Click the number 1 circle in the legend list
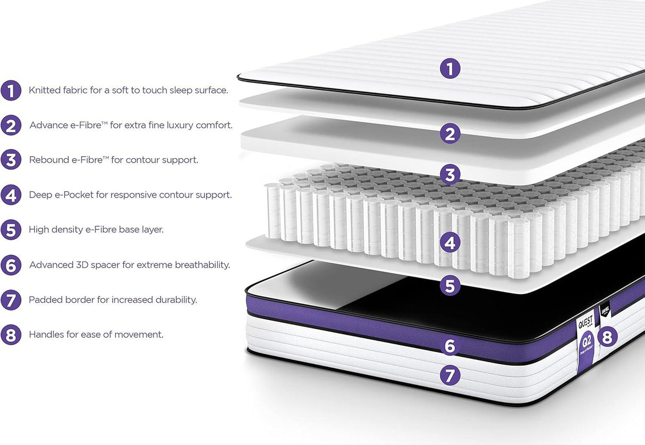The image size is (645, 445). [x=11, y=90]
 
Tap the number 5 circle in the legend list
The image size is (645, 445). [x=11, y=230]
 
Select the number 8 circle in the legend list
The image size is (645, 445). [x=11, y=335]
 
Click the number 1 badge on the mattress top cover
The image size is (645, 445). [x=450, y=69]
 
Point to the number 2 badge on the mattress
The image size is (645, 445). [x=450, y=134]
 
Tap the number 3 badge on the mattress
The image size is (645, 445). [x=450, y=174]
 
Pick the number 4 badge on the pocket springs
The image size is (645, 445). [x=450, y=243]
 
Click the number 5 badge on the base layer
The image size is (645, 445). [x=450, y=286]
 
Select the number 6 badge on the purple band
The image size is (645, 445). [x=450, y=346]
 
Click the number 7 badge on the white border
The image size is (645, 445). [x=450, y=375]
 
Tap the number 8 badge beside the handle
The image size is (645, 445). [x=607, y=337]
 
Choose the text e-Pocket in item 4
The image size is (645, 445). [x=74, y=195]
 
